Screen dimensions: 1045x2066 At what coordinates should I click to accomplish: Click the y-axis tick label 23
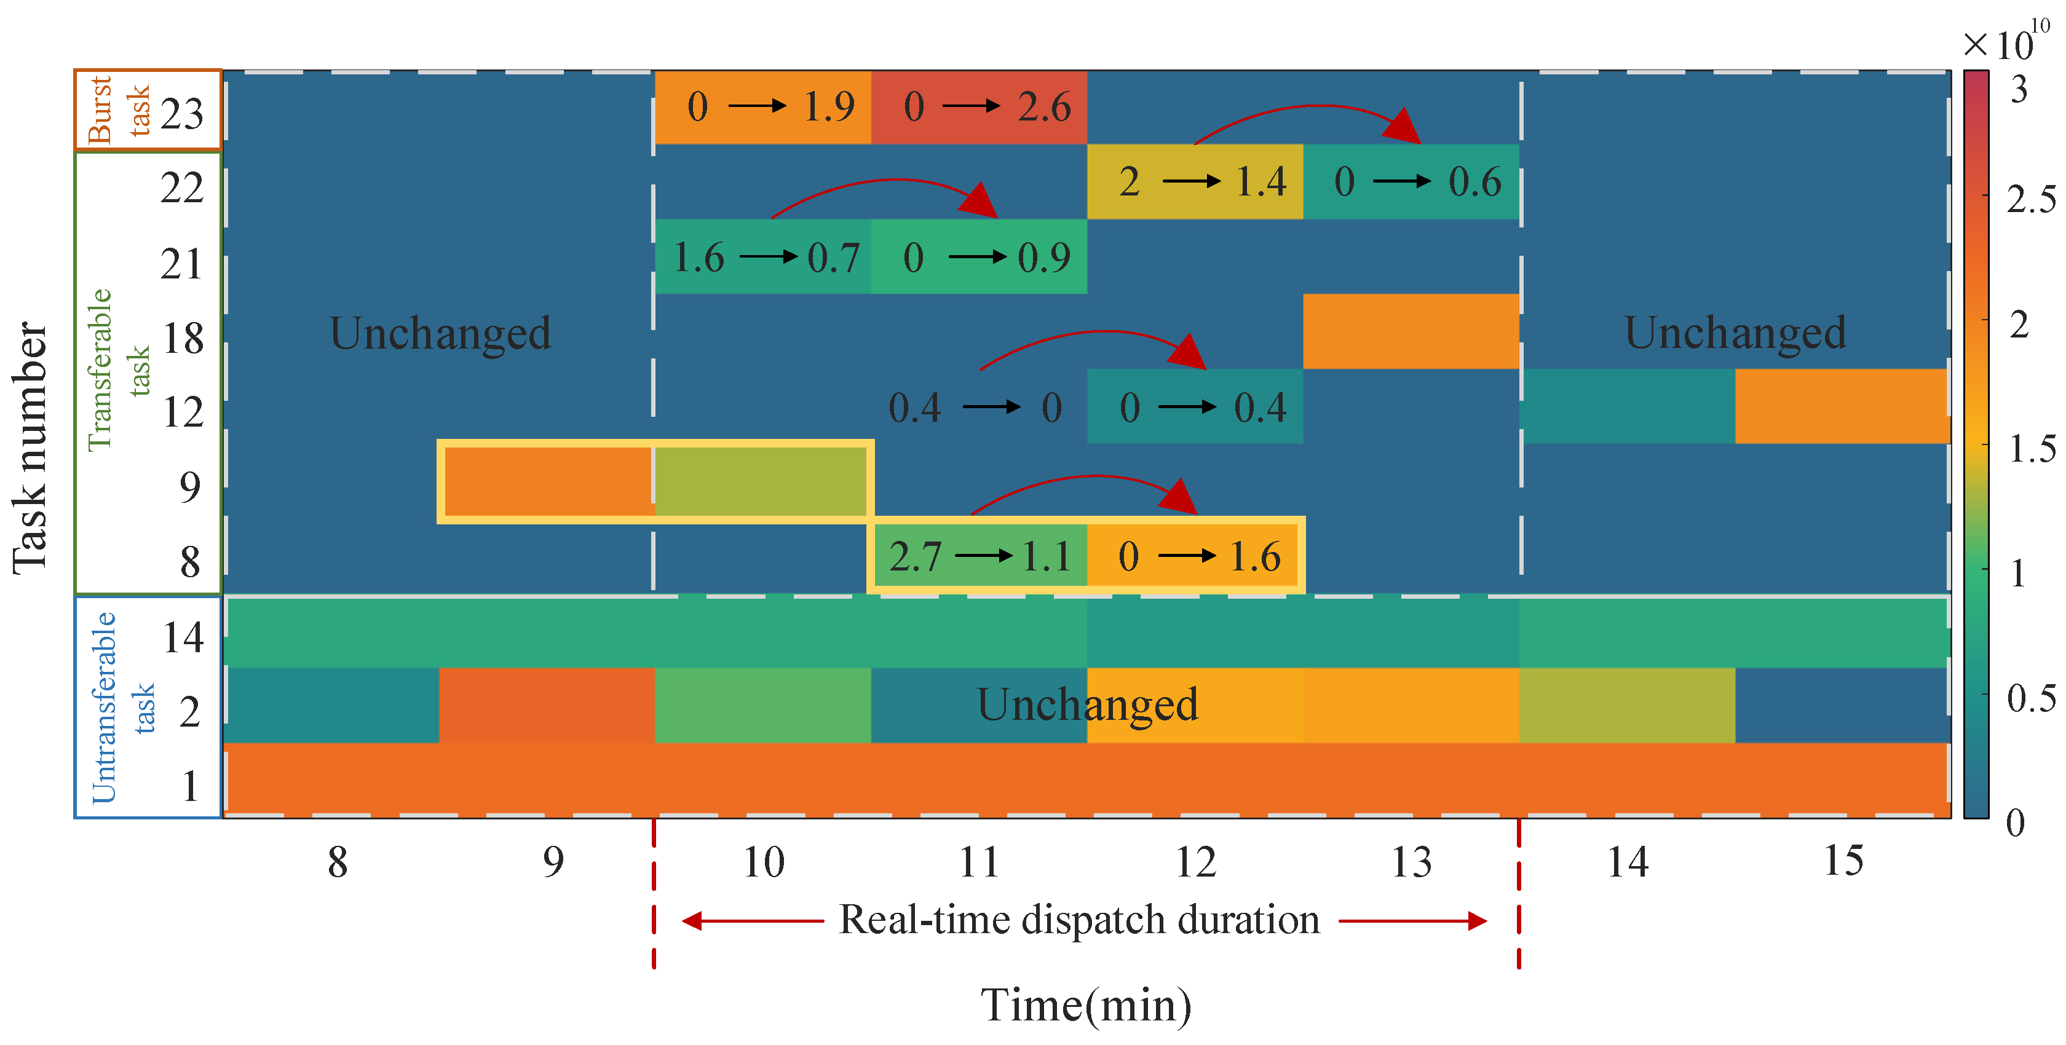(x=182, y=113)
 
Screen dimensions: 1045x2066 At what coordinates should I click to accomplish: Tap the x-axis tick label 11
(x=980, y=863)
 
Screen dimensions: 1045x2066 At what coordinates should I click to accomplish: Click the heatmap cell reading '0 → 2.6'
(x=980, y=108)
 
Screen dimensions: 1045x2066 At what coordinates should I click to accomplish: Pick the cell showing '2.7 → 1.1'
(x=980, y=556)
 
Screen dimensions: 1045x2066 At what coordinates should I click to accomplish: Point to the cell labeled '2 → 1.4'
(x=1195, y=182)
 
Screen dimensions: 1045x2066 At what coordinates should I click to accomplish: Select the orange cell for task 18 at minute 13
(x=1411, y=331)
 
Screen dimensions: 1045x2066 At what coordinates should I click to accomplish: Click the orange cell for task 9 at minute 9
(x=548, y=481)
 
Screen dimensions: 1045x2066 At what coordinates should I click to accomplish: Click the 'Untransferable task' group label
(x=121, y=708)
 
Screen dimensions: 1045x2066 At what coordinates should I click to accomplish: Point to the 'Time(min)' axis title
(x=1086, y=1006)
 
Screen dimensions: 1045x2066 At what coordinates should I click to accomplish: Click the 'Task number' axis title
(x=31, y=448)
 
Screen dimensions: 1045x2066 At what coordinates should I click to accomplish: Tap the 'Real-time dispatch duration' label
(x=1079, y=920)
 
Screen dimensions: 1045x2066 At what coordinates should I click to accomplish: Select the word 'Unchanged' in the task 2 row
(x=1086, y=705)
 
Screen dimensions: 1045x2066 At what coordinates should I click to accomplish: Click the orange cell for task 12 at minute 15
(x=1842, y=406)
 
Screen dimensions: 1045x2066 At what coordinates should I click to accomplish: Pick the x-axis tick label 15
(x=1843, y=863)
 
